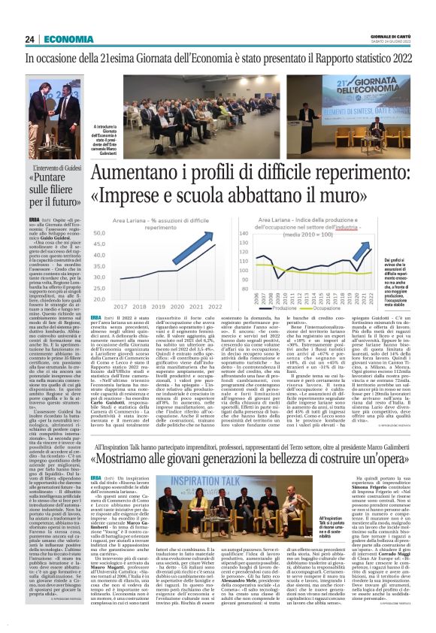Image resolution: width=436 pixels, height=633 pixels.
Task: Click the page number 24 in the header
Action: click(30, 38)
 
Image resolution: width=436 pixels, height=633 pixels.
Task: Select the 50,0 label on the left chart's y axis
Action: click(98, 233)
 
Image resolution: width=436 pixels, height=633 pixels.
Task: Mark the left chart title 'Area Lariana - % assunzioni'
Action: click(150, 222)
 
